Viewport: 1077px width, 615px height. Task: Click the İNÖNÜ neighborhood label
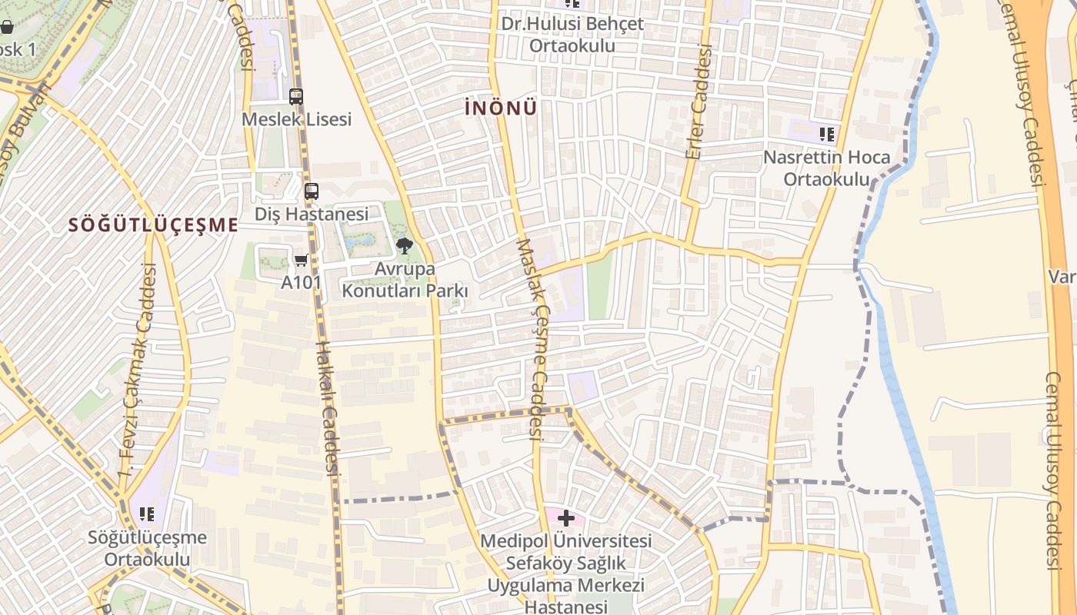coord(501,108)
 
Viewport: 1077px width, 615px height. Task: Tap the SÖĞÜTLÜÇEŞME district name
coord(153,225)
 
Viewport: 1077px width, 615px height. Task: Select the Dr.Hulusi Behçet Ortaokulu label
coord(572,35)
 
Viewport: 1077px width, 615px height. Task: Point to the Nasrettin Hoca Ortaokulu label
coord(827,168)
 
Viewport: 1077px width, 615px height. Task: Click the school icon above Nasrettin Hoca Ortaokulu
coord(827,135)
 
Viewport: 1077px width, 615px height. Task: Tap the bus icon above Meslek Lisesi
coord(296,97)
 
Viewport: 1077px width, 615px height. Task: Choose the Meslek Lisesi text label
coord(296,119)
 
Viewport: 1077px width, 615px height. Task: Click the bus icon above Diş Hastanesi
coord(312,191)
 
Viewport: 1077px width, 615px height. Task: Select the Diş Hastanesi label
coord(312,214)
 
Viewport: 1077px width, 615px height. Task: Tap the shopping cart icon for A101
coord(302,261)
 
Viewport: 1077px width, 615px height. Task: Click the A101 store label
coord(301,282)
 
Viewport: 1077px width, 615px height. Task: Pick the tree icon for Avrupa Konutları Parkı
coord(404,246)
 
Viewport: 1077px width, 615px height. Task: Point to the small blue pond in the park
coord(359,243)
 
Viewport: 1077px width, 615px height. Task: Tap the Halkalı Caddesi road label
coord(328,407)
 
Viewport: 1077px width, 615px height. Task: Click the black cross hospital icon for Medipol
coord(566,518)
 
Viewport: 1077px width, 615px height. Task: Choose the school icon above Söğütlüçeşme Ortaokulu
coord(146,514)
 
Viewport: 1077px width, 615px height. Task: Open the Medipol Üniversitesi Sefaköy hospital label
coord(566,573)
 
